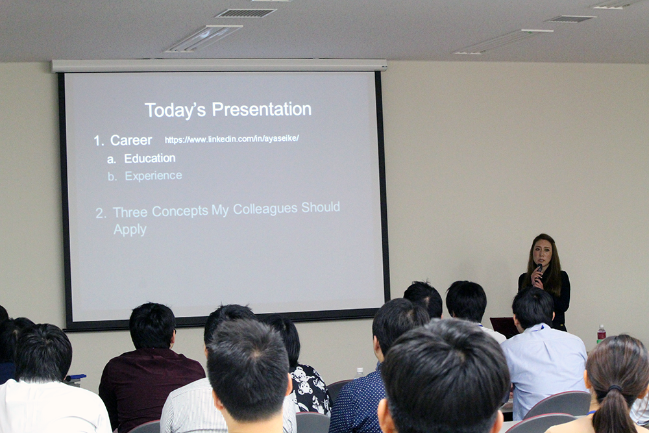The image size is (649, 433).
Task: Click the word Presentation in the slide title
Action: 262,110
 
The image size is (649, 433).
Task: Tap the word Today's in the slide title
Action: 175,110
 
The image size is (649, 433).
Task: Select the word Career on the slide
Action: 131,140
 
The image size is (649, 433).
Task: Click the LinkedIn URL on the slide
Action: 232,139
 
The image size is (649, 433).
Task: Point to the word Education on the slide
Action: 150,158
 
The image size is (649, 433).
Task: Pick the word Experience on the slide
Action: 154,176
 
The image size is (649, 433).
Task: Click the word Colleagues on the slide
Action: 265,210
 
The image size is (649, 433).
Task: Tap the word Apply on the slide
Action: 130,230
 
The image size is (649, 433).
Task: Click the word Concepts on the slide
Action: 180,211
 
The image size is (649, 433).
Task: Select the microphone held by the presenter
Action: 539,271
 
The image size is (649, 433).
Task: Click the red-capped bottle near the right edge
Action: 601,334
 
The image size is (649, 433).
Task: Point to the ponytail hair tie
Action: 615,388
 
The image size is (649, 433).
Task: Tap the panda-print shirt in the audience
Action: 310,388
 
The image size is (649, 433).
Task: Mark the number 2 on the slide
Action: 101,213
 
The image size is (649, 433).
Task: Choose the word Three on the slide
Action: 130,212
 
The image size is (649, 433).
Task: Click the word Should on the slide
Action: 321,207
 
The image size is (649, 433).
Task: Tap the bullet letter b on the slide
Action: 112,177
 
